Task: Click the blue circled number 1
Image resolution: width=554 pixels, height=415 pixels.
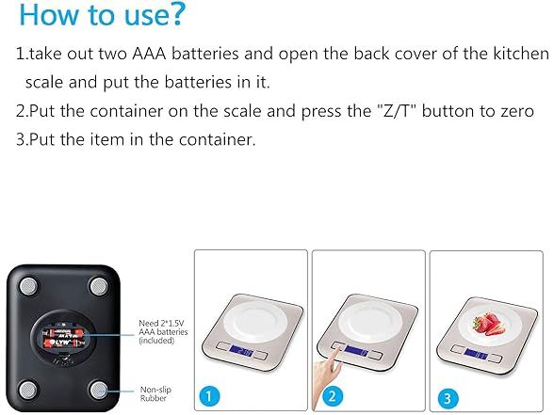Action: (208, 396)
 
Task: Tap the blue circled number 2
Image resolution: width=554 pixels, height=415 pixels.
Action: (332, 396)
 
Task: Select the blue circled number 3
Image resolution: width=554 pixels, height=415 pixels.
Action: (448, 398)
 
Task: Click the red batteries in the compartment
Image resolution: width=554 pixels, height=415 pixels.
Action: (63, 337)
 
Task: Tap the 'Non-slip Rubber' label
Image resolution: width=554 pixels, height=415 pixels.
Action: (155, 393)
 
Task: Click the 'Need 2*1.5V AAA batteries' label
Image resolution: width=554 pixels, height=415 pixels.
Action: (163, 331)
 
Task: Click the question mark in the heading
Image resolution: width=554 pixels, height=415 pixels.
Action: (177, 14)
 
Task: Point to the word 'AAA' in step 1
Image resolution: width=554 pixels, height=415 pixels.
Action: (149, 54)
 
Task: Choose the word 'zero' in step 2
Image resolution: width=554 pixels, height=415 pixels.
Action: (517, 112)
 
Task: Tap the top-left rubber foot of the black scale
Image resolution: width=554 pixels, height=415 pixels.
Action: (28, 286)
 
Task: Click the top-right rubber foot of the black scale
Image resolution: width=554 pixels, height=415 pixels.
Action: (99, 286)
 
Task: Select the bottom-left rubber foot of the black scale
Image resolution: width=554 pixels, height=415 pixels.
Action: (28, 391)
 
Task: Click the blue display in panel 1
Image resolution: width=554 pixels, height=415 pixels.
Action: (241, 351)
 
